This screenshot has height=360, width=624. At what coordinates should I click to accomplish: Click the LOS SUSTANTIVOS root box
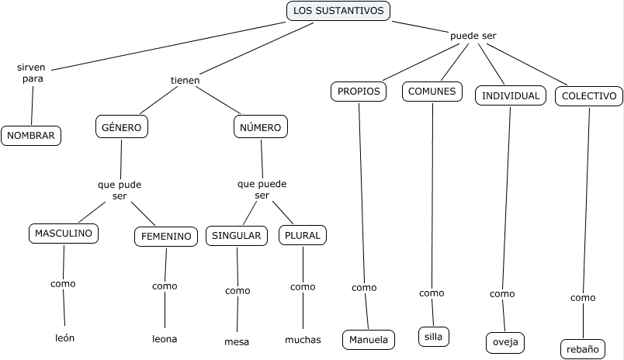tap(338, 11)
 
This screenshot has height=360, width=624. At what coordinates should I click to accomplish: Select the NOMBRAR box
tap(31, 135)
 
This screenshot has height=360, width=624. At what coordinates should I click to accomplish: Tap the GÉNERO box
tap(122, 126)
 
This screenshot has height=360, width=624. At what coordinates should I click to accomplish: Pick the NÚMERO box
tap(260, 126)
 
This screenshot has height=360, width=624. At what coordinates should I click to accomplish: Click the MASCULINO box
tap(64, 233)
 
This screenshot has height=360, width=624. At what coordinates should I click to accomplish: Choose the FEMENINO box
tap(165, 237)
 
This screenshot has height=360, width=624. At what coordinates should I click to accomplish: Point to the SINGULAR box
tap(236, 236)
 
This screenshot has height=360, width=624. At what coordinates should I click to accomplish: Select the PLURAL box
tap(302, 236)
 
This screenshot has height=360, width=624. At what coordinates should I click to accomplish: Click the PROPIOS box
tap(359, 92)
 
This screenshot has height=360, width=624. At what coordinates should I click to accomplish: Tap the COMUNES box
tap(432, 92)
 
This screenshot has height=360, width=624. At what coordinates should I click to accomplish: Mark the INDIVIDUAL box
tap(510, 95)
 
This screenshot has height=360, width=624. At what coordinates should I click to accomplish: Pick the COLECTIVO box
tap(589, 95)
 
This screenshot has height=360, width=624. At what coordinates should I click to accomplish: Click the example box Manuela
tap(369, 339)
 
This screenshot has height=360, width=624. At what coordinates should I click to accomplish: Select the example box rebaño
tap(582, 349)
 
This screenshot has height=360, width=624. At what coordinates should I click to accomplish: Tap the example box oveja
tap(505, 341)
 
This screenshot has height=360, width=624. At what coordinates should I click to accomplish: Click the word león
tap(65, 337)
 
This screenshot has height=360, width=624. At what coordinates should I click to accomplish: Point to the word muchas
tap(303, 339)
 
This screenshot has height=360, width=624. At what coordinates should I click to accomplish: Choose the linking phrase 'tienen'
tap(185, 80)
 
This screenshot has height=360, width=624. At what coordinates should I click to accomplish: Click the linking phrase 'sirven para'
tap(32, 73)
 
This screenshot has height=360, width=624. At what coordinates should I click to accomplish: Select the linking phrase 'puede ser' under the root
tap(473, 36)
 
